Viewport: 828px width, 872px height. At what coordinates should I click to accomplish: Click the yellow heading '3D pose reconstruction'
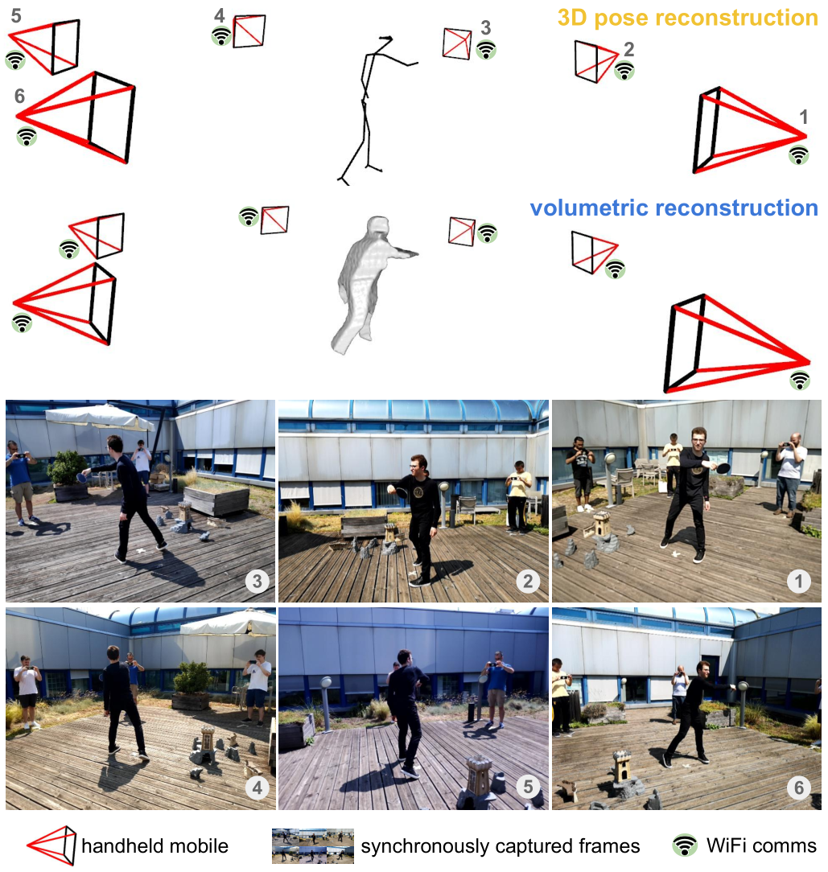click(688, 18)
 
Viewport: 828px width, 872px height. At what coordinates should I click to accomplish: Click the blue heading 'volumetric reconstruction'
click(674, 208)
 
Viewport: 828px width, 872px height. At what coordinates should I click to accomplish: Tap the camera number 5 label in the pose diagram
click(16, 15)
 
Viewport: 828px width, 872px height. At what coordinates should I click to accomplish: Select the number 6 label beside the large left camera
click(19, 97)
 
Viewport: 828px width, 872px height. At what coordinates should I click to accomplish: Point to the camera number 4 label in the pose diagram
click(220, 15)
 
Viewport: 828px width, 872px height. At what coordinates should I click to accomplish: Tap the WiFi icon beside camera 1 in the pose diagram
click(798, 154)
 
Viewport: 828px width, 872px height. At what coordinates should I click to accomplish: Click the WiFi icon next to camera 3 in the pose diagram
click(486, 50)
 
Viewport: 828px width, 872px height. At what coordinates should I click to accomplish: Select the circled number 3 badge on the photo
click(257, 581)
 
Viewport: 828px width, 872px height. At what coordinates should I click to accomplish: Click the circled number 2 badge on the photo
click(528, 581)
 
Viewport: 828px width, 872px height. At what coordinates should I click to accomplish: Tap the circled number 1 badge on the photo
click(798, 581)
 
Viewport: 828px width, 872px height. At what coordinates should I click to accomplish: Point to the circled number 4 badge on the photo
click(257, 788)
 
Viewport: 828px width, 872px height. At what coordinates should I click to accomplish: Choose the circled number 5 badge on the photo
click(528, 787)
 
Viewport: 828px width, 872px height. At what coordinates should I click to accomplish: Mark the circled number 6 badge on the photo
click(798, 788)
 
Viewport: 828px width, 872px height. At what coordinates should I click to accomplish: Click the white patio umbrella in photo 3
click(100, 417)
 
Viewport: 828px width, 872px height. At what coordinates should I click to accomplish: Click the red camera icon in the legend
click(51, 845)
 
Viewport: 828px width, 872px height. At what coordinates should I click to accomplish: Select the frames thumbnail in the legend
click(313, 846)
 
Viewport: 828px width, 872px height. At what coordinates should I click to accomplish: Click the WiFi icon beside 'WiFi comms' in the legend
click(685, 845)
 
